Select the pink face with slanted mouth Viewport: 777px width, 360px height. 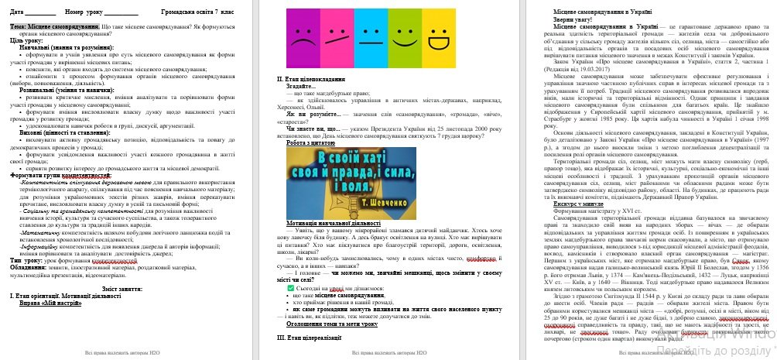335,36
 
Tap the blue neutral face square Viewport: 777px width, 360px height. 370,36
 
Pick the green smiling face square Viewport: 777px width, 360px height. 404,36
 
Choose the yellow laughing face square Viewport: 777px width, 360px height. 438,36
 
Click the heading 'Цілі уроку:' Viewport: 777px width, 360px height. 26,40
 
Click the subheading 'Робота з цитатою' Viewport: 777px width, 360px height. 313,142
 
